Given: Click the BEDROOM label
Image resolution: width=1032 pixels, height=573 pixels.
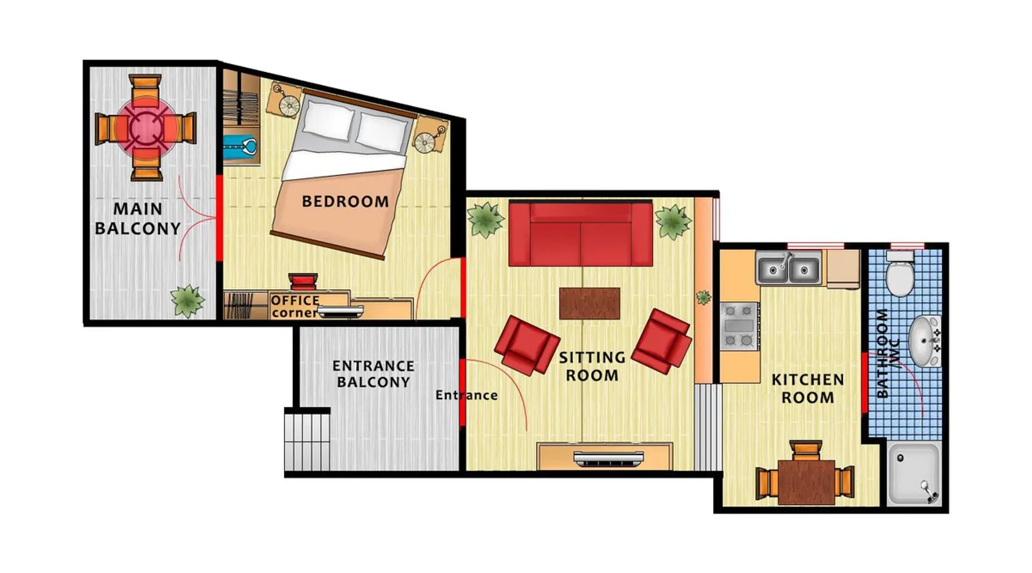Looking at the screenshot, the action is pyautogui.click(x=345, y=202).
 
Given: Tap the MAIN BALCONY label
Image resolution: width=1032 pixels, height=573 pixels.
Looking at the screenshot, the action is pyautogui.click(x=138, y=219).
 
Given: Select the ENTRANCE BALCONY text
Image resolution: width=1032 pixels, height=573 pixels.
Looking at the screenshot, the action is pyautogui.click(x=373, y=374).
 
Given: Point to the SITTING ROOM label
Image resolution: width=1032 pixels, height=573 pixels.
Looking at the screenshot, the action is pyautogui.click(x=592, y=366).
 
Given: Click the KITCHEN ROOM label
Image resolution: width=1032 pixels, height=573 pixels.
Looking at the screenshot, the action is pyautogui.click(x=808, y=388).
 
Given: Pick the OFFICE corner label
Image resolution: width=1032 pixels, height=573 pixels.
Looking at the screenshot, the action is pyautogui.click(x=295, y=307).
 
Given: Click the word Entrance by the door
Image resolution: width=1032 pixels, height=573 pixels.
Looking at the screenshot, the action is pyautogui.click(x=466, y=395).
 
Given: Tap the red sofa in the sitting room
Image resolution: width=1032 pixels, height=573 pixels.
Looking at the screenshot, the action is pyautogui.click(x=581, y=234).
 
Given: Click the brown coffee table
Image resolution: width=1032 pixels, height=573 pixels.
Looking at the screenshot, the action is pyautogui.click(x=589, y=303).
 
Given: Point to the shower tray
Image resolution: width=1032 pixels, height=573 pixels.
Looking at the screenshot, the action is pyautogui.click(x=914, y=474).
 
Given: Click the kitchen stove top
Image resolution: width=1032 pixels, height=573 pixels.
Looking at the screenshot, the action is pyautogui.click(x=739, y=326).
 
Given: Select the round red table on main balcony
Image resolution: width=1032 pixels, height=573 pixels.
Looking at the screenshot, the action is pyautogui.click(x=146, y=128).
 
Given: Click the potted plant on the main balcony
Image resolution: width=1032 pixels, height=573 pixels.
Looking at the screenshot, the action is pyautogui.click(x=187, y=300).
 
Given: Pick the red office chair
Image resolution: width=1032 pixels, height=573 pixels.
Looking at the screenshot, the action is pyautogui.click(x=303, y=281).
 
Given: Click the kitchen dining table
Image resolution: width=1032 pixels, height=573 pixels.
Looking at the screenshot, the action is pyautogui.click(x=806, y=481).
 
